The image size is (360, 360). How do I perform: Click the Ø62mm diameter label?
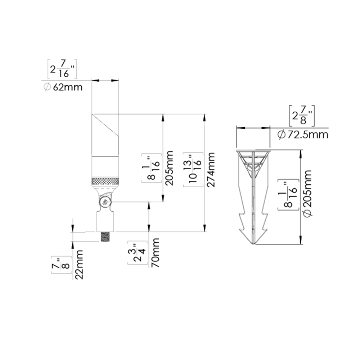[x=63, y=87]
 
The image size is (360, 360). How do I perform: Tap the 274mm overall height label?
[x=211, y=170]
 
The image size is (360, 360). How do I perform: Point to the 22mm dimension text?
[x=79, y=265]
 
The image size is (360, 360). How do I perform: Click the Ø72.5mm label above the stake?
[x=303, y=135]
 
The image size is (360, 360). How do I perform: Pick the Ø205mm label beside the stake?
[x=307, y=193]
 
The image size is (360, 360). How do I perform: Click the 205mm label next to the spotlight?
[x=169, y=168]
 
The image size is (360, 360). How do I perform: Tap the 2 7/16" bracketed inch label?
[x=62, y=69]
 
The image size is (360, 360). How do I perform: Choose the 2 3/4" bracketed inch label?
[x=138, y=253]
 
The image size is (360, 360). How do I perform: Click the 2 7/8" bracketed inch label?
[x=302, y=116]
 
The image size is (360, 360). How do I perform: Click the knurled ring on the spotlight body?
[x=105, y=181]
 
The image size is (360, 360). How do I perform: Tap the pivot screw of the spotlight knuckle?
[x=105, y=202]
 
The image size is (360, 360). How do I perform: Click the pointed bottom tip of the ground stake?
[x=253, y=244]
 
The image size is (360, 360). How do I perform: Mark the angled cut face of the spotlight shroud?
[x=105, y=125]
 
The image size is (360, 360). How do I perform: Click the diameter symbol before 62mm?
[x=47, y=87]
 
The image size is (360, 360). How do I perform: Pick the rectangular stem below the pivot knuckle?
[x=105, y=221]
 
